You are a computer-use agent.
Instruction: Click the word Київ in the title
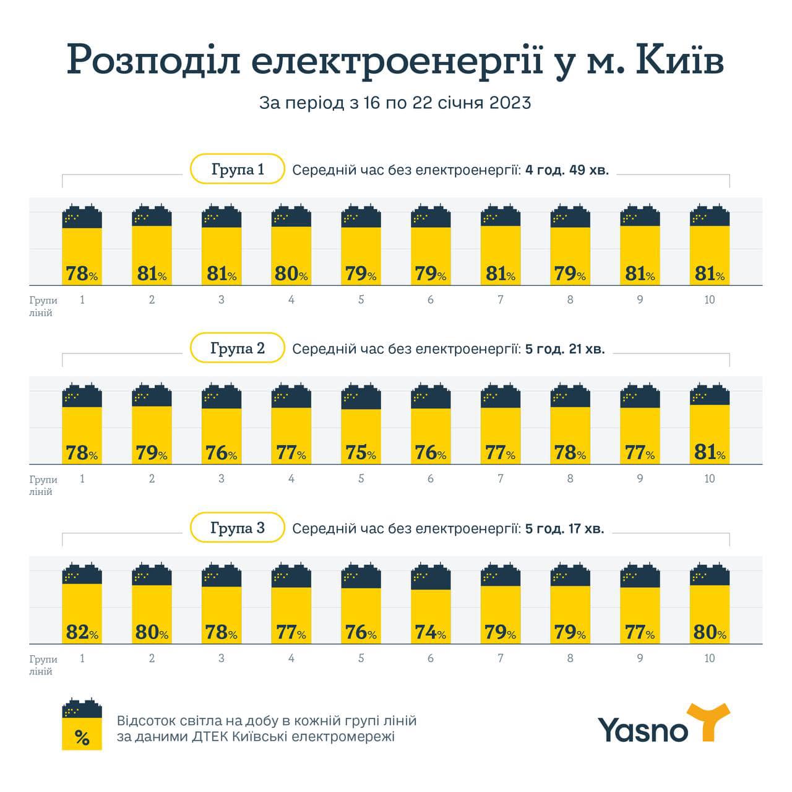click(x=679, y=61)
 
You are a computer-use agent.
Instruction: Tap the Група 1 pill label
click(x=238, y=169)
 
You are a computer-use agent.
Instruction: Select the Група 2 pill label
click(x=238, y=348)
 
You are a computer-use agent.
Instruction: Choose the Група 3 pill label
click(x=238, y=528)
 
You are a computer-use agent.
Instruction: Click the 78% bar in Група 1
click(x=82, y=254)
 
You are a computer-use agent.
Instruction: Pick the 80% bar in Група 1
click(x=291, y=254)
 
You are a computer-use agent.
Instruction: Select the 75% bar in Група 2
click(x=361, y=433)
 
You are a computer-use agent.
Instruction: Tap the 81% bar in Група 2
click(x=710, y=433)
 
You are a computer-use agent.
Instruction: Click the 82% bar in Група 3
click(x=82, y=613)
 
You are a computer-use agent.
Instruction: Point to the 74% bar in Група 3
click(x=431, y=613)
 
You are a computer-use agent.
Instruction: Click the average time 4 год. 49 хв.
click(x=567, y=170)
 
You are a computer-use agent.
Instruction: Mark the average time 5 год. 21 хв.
click(x=564, y=349)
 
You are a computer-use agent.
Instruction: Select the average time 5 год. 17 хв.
click(x=564, y=528)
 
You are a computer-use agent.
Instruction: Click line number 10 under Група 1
click(x=709, y=299)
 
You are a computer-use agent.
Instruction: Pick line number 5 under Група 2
click(x=361, y=478)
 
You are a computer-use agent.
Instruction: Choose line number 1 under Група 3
click(x=82, y=658)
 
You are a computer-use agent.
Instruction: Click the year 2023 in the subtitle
click(x=510, y=103)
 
